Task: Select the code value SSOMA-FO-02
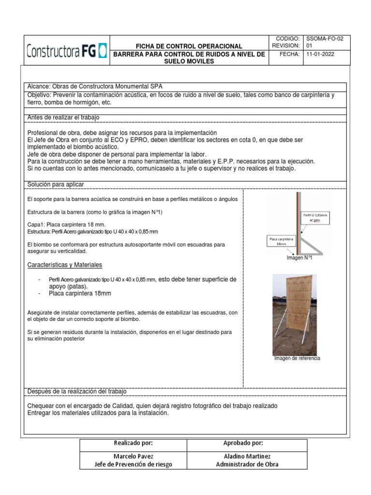point(325,39)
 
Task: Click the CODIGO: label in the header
point(288,39)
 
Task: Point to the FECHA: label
point(290,54)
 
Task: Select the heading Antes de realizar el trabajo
point(64,117)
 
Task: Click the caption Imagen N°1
point(300,258)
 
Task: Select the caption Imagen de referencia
point(297,358)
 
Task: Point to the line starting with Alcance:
point(96,86)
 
